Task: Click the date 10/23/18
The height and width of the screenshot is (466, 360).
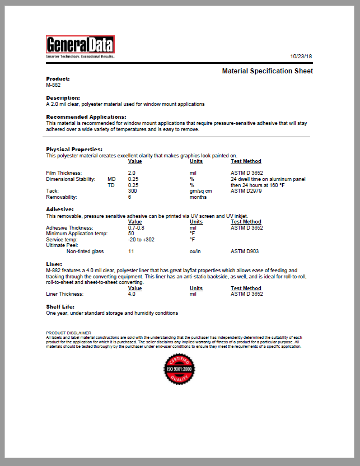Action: [x=301, y=57]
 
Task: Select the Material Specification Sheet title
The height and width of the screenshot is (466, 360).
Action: [x=267, y=71]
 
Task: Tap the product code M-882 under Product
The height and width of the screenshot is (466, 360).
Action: [x=53, y=85]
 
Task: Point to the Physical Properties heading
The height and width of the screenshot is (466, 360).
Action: [x=74, y=150]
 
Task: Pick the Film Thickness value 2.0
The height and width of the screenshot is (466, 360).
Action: [x=132, y=173]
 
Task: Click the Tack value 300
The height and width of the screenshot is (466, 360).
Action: [x=133, y=191]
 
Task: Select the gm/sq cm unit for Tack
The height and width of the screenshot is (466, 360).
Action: [x=200, y=191]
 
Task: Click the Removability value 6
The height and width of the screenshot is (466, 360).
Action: [x=129, y=197]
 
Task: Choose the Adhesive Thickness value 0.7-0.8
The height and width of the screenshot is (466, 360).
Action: [x=136, y=228]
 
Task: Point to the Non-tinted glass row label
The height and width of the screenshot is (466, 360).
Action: [x=85, y=251]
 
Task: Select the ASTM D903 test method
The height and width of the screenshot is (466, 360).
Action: [x=244, y=251]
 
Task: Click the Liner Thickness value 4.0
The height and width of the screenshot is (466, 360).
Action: [x=132, y=293]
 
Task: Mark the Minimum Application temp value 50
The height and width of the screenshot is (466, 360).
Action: [x=131, y=234]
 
